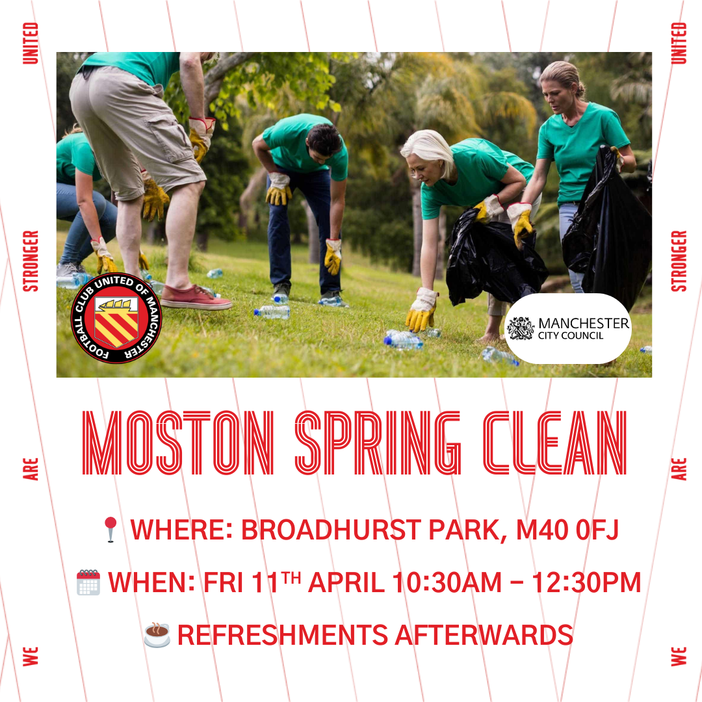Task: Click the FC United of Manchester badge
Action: point(116,318)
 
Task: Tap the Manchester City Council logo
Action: point(567,328)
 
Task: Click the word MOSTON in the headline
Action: point(178,443)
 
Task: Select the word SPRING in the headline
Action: point(378,443)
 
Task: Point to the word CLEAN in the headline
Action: point(554,443)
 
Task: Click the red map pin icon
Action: point(110,530)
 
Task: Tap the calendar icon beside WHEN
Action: point(88,582)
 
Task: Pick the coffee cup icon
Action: point(157,635)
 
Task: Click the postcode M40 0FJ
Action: point(567,530)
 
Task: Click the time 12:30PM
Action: point(586,582)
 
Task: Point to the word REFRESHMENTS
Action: point(283,635)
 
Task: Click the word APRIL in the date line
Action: point(346,582)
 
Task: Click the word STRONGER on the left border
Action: point(31,261)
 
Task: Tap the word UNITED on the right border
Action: point(679,44)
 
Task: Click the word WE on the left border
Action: point(31,656)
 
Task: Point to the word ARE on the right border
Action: point(679,469)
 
